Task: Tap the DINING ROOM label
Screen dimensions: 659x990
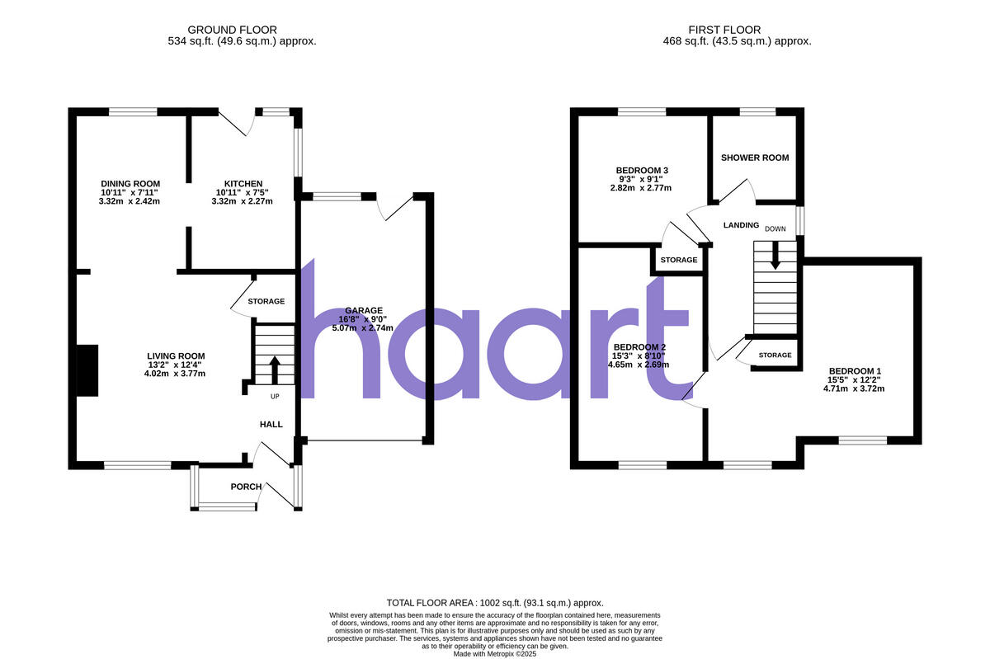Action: [x=130, y=183]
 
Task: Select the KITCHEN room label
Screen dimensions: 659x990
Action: [x=243, y=183]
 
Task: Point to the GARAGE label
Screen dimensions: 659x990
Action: [x=365, y=310]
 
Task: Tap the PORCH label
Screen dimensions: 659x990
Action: [x=246, y=487]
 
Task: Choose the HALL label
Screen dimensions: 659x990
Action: [x=271, y=425]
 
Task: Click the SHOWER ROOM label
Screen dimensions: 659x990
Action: [x=755, y=158]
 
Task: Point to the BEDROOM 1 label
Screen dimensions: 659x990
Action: [x=854, y=370]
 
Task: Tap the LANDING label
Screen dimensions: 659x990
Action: [x=741, y=224]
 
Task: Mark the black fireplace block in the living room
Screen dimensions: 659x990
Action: [x=87, y=370]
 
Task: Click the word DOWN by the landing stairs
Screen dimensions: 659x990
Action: [x=775, y=228]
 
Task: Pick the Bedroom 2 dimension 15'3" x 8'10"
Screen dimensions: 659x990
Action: [x=640, y=355]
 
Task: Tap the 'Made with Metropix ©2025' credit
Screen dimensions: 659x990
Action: [x=495, y=653]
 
